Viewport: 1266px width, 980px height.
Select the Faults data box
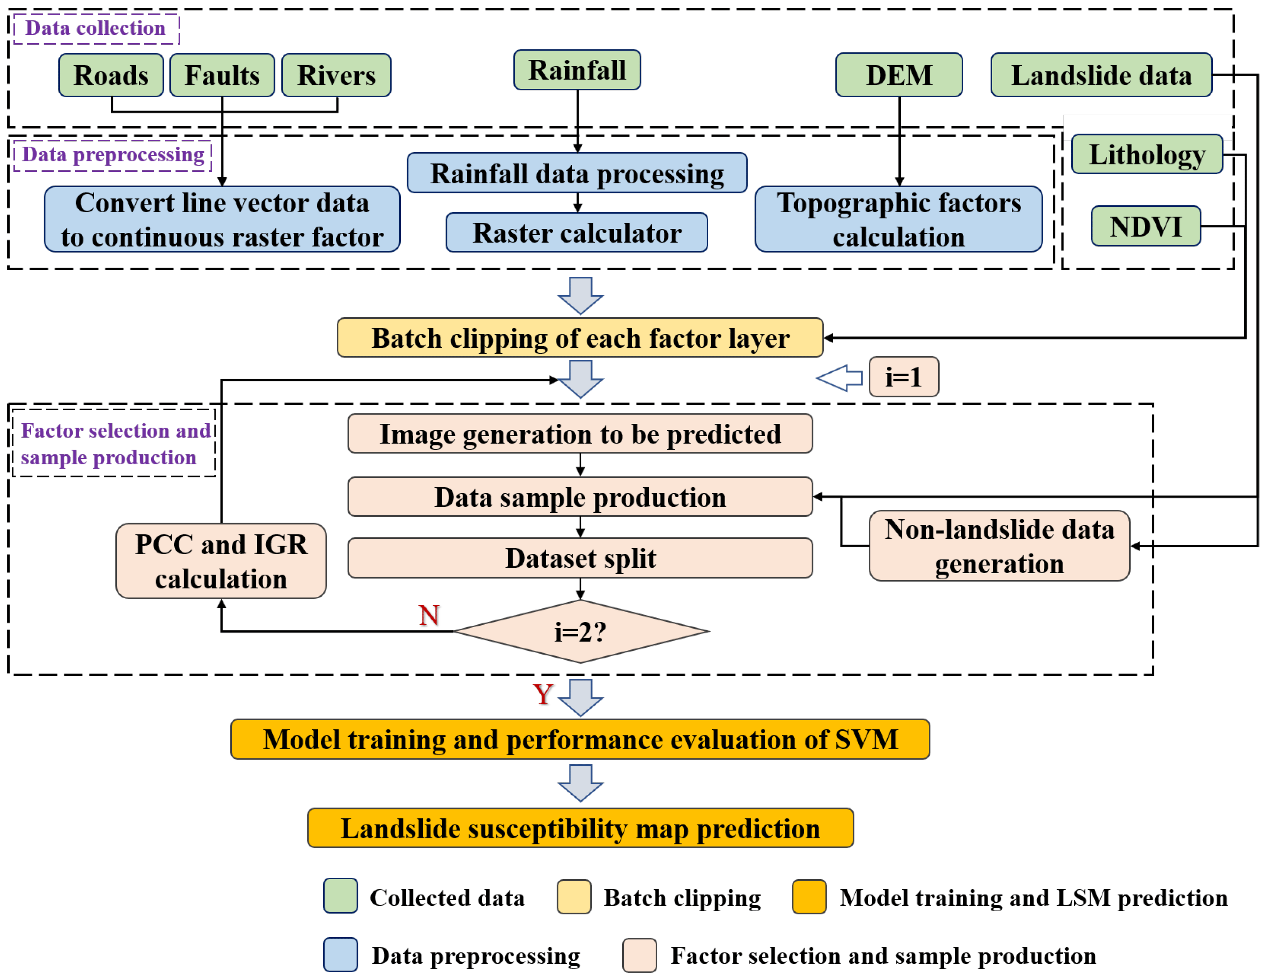click(x=222, y=75)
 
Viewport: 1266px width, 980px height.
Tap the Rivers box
click(x=336, y=75)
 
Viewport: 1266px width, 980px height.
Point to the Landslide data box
click(x=1101, y=75)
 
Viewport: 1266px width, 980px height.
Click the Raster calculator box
click(x=576, y=232)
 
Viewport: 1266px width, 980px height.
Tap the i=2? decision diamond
click(x=581, y=631)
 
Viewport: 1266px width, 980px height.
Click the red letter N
click(x=429, y=615)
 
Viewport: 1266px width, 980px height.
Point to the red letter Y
click(x=543, y=694)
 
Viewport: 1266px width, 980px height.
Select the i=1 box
click(x=904, y=377)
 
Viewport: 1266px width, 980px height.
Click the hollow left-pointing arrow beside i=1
click(x=839, y=378)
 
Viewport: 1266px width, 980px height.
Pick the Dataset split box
click(x=580, y=558)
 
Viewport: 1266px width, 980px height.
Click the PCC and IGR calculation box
click(x=221, y=561)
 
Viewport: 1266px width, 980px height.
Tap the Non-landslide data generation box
click(x=999, y=546)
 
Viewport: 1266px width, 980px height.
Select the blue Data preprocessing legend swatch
click(x=340, y=955)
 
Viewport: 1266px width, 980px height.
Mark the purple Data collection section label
click(x=96, y=28)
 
